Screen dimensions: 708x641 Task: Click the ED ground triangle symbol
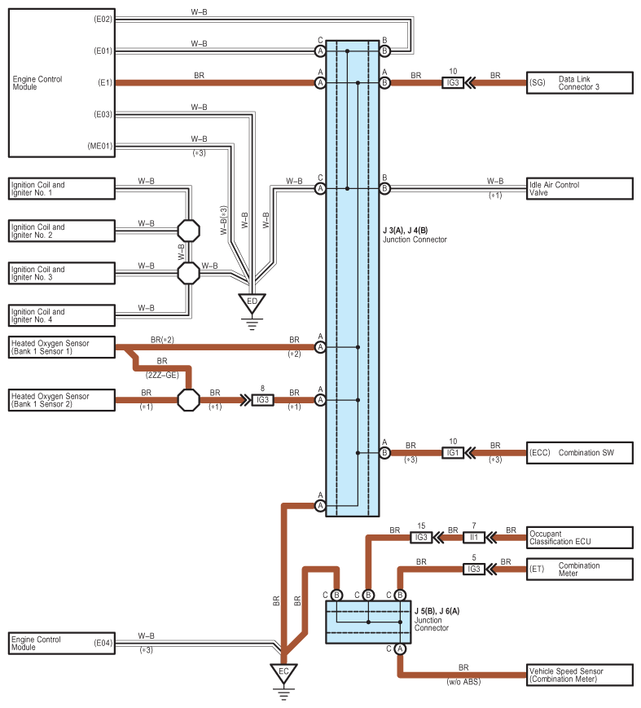point(252,303)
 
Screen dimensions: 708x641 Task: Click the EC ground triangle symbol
point(283,673)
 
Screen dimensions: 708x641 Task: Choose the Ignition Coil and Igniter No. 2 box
point(61,231)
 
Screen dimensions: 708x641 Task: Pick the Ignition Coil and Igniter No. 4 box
point(61,315)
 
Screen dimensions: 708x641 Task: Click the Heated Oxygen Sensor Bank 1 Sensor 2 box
point(61,400)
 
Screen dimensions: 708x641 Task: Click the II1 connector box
point(475,537)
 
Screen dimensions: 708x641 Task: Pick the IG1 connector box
point(454,452)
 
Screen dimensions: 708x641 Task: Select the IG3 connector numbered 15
point(421,537)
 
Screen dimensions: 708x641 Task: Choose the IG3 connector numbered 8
point(263,400)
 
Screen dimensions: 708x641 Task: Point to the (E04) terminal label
point(103,643)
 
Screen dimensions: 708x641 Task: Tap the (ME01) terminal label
point(100,147)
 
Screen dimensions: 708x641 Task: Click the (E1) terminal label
point(104,82)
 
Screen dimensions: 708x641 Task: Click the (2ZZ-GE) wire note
point(162,375)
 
